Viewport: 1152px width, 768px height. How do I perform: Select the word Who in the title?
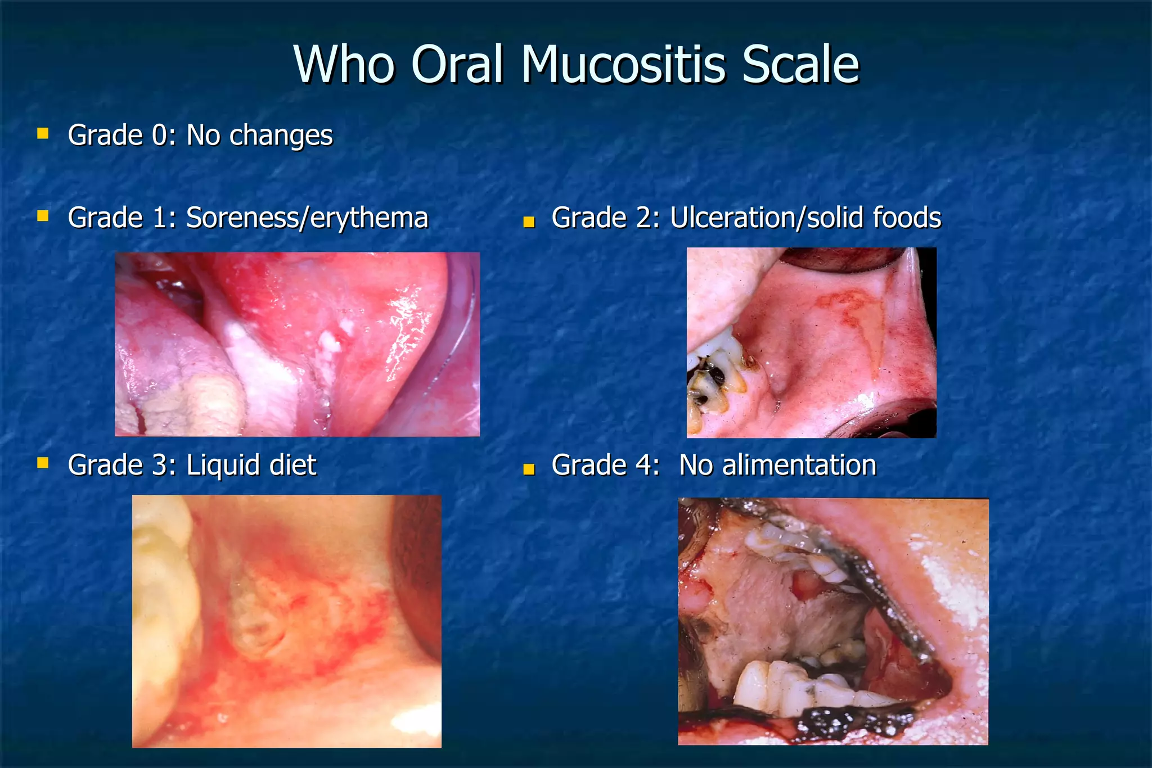[x=344, y=65]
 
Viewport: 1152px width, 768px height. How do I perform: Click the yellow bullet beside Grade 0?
[x=43, y=133]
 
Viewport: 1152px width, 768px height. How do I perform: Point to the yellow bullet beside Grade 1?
[x=43, y=216]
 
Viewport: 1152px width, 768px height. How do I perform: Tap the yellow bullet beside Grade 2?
[x=528, y=222]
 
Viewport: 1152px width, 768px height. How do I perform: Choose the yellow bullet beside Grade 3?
[x=43, y=463]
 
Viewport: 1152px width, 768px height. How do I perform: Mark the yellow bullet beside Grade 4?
[x=528, y=469]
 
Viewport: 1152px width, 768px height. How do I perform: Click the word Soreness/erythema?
[x=307, y=218]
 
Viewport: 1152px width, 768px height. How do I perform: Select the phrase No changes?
[x=259, y=135]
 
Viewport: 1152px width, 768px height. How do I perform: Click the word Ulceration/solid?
[x=758, y=218]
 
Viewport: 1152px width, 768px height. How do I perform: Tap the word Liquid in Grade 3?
[x=223, y=466]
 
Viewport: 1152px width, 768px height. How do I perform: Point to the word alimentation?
[x=798, y=466]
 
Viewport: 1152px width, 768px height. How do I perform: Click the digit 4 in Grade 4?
[x=645, y=466]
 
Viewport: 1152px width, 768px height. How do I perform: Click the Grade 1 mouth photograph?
[x=297, y=344]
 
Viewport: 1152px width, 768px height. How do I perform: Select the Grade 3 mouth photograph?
[x=286, y=621]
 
